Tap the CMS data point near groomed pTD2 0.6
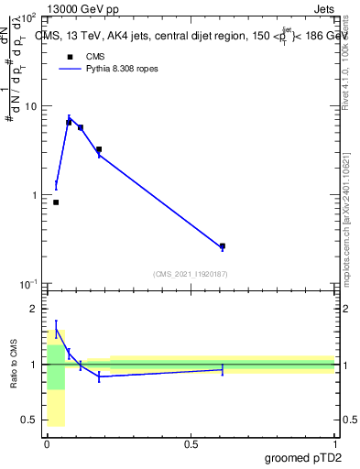223,246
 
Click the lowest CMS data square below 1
56,202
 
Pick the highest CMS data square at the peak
69,122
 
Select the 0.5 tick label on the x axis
191,444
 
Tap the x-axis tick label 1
334,444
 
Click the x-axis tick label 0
47,444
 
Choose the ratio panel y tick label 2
36,309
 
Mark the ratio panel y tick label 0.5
31,420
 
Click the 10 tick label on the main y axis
30,106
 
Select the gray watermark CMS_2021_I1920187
191,274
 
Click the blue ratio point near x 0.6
223,370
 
